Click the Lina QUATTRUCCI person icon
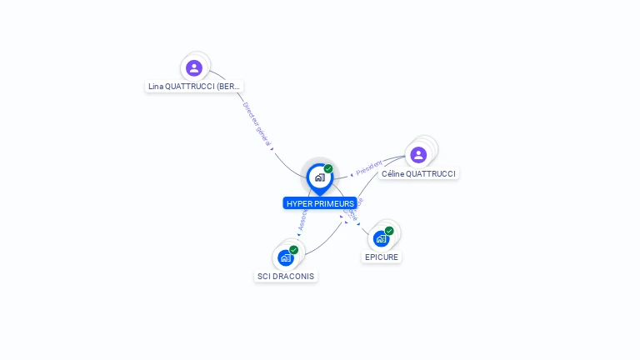point(194,67)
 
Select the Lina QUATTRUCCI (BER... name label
point(195,86)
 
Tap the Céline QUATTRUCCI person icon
point(418,154)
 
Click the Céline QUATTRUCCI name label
point(418,174)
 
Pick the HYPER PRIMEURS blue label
point(320,203)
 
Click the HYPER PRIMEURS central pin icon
point(319,177)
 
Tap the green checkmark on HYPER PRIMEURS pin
point(328,169)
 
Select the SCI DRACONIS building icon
point(286,257)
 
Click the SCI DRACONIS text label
point(286,276)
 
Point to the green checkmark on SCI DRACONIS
point(294,250)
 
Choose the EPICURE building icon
point(381,238)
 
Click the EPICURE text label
point(382,257)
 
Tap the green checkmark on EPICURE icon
point(389,231)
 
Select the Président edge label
point(369,167)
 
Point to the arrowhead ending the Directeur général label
point(272,149)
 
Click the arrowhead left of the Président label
point(352,175)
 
